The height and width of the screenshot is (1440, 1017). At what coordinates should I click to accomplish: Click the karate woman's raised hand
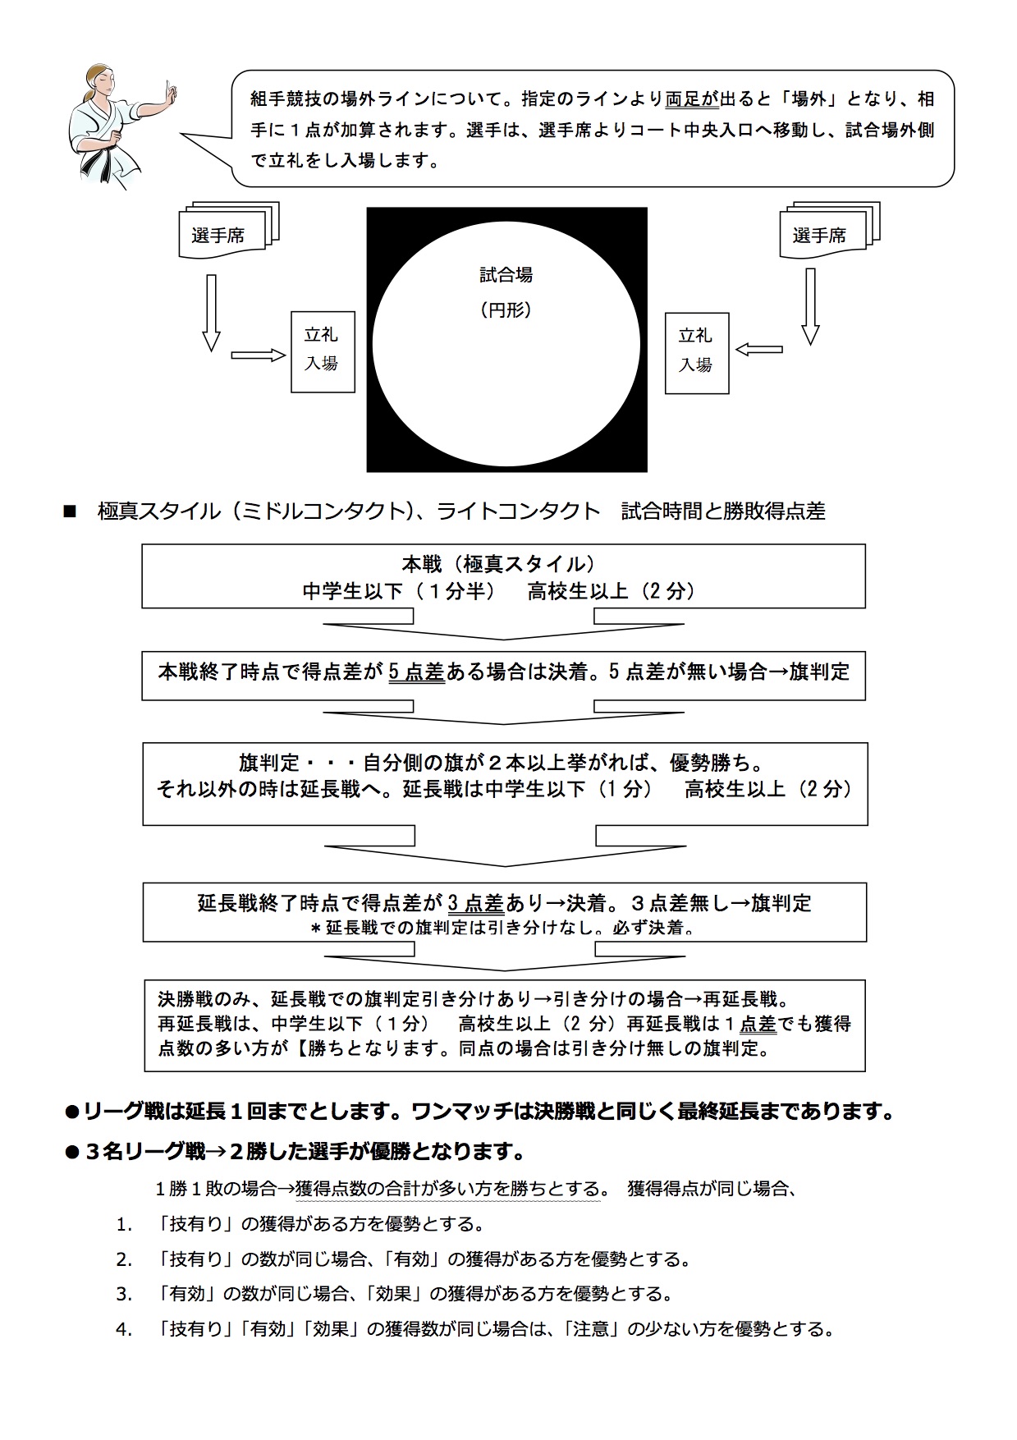pyautogui.click(x=170, y=93)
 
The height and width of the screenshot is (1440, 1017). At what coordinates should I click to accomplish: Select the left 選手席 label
pyautogui.click(x=218, y=236)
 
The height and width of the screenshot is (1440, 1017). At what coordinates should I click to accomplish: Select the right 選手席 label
pyautogui.click(x=818, y=236)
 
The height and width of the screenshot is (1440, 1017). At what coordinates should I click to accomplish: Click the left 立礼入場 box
pyautogui.click(x=323, y=351)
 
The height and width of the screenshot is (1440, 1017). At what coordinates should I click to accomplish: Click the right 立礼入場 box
pyautogui.click(x=696, y=352)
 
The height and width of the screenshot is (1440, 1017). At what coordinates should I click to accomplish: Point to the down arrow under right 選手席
pyautogui.click(x=810, y=306)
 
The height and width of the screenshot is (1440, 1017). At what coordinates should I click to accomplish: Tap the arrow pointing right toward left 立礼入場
pyautogui.click(x=258, y=355)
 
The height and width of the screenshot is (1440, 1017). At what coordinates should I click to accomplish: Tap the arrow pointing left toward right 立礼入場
pyautogui.click(x=758, y=350)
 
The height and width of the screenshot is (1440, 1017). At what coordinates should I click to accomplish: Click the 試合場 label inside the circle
pyautogui.click(x=506, y=275)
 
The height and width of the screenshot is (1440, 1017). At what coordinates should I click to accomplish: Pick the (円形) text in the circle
pyautogui.click(x=506, y=310)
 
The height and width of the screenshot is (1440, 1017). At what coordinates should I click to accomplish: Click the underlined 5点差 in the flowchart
pyautogui.click(x=416, y=672)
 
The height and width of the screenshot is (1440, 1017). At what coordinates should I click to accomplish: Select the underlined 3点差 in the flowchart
pyautogui.click(x=476, y=904)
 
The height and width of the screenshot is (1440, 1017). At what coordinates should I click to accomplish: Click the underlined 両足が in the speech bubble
pyautogui.click(x=691, y=99)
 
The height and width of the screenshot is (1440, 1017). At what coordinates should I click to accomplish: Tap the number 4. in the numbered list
pyautogui.click(x=124, y=1329)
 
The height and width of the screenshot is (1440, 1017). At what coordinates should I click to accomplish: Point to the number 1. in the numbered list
pyautogui.click(x=124, y=1225)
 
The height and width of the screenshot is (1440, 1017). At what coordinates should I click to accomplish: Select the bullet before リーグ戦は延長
pyautogui.click(x=71, y=1113)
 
